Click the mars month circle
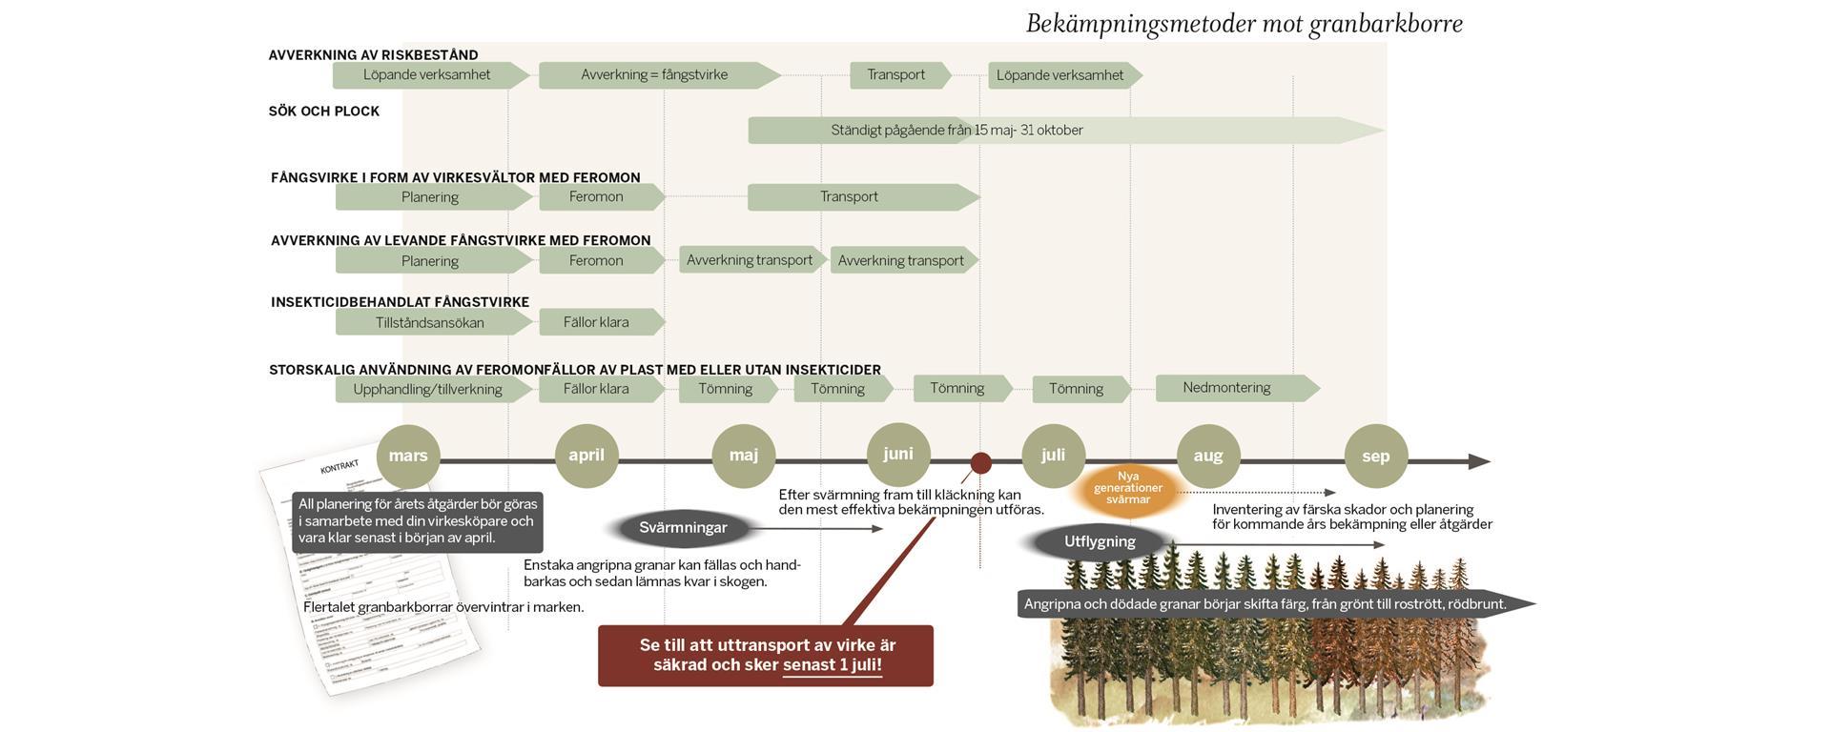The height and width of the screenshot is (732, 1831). pos(408,456)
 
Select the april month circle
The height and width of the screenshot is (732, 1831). pos(586,456)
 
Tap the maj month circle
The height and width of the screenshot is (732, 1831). pos(744,456)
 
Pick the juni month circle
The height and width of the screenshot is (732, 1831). pos(898,454)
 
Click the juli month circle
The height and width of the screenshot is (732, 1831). pos(1053,456)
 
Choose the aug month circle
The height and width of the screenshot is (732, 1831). pos(1208,456)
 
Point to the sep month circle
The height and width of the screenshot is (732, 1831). pos(1375,456)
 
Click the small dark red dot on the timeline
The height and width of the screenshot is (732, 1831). pos(980,463)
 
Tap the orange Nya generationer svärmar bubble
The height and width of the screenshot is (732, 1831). pos(1128,488)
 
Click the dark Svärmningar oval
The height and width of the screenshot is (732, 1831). pos(683,528)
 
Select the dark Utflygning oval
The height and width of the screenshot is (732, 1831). pos(1100,542)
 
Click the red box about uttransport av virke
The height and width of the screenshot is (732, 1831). pos(766,656)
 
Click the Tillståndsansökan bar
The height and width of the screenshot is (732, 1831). pos(430,322)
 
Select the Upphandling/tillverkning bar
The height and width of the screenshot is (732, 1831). pos(428,389)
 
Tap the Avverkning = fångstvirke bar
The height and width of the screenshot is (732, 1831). pos(654,75)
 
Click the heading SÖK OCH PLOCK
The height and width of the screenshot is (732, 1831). pos(324,112)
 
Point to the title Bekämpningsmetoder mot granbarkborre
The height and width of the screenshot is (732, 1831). pos(1244,24)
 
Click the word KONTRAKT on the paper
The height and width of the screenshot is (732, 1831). pos(339,467)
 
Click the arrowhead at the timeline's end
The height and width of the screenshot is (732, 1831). pos(1479,462)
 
